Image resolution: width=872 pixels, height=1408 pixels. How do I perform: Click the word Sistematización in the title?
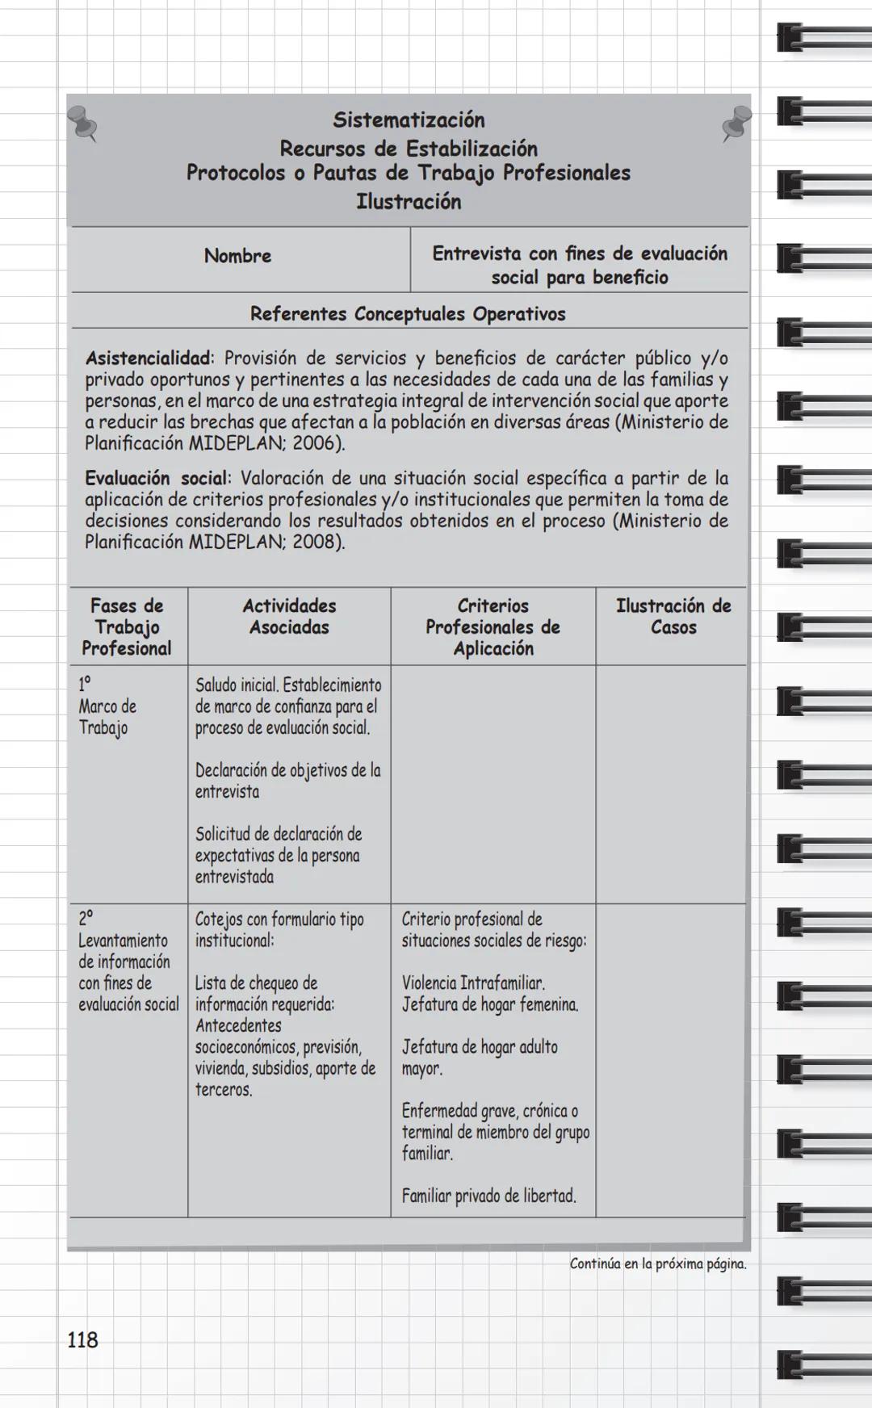[x=409, y=120]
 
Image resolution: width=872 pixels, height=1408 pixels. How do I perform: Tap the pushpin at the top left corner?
[x=82, y=124]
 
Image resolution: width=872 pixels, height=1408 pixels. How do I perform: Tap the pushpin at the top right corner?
[x=736, y=124]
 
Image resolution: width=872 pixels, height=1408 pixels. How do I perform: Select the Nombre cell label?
[x=237, y=256]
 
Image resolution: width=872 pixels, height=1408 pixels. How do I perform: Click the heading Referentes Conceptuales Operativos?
[x=408, y=314]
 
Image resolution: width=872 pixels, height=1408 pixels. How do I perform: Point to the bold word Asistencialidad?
[x=149, y=358]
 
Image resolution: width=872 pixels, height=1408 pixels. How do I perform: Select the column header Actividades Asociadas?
[x=289, y=617]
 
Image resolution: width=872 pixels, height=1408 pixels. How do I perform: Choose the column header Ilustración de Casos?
[x=673, y=617]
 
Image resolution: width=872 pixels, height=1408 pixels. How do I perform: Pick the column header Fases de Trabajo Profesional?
[x=127, y=626]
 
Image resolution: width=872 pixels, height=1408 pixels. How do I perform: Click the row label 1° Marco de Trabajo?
[x=107, y=706]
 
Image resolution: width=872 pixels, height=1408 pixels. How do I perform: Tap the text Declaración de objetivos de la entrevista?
[x=287, y=781]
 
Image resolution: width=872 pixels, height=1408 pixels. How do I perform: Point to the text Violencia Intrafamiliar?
[x=473, y=983]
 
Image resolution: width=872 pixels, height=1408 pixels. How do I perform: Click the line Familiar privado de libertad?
[x=489, y=1196]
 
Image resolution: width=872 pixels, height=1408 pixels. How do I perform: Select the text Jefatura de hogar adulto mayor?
[x=480, y=1058]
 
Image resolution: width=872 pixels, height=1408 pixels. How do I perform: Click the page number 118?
[x=82, y=1340]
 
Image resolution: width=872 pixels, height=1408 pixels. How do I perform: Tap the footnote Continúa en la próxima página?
[x=658, y=1264]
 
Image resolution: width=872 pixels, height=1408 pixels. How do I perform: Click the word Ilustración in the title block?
[x=409, y=202]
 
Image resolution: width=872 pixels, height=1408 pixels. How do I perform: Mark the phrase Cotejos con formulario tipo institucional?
[x=279, y=930]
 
